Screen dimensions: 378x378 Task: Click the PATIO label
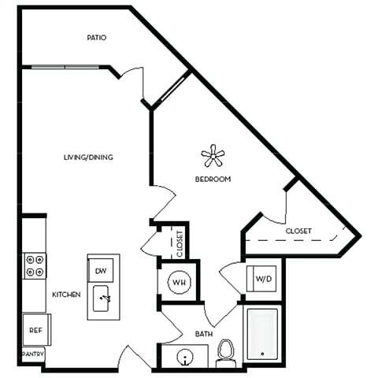98,38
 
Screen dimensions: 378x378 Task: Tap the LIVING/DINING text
88,157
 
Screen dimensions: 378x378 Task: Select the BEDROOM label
213,180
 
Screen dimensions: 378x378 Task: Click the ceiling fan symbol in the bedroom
213,156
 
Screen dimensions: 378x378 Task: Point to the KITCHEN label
67,295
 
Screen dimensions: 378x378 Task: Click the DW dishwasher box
101,270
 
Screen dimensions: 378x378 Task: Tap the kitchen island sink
104,298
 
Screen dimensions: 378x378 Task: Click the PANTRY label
33,354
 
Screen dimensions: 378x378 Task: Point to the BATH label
204,335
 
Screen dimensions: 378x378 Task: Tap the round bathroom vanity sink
185,358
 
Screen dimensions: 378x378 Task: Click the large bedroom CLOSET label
298,231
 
